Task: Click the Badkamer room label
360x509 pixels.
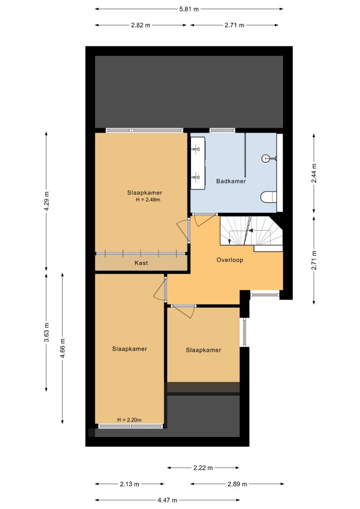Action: coord(231,181)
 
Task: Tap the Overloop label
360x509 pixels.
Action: coord(230,259)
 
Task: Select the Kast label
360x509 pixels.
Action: coord(141,263)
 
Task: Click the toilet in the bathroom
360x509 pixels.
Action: coord(269,197)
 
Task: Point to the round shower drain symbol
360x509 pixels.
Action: coord(266,159)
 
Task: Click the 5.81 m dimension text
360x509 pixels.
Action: coord(189,9)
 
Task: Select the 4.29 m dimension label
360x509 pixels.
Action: coord(47,201)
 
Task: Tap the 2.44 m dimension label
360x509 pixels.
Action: coord(314,173)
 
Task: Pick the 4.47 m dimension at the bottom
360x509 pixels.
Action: coord(168,500)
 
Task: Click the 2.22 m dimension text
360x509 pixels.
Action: coord(203,468)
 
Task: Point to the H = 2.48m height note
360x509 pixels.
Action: coord(148,200)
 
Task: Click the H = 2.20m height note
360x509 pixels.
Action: coord(129,420)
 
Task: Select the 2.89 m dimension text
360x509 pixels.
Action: coord(237,484)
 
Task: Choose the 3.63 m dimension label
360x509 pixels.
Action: coord(47,332)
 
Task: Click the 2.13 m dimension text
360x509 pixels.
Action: coord(129,484)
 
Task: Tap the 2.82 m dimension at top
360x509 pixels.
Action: coord(141,25)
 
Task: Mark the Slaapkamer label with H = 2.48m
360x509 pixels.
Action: coord(145,193)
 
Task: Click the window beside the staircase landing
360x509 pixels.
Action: coord(265,295)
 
